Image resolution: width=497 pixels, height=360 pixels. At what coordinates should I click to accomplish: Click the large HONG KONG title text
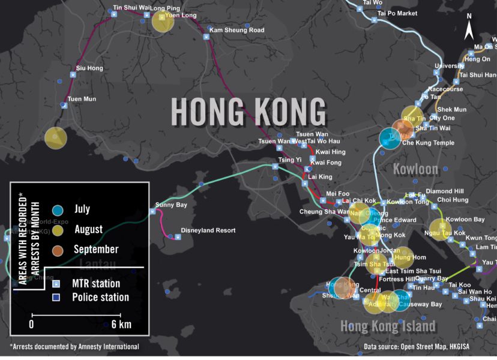point(248,112)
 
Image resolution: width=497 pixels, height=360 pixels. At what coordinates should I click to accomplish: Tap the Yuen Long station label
point(182,16)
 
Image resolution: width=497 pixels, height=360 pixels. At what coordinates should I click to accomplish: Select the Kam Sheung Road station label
point(236,30)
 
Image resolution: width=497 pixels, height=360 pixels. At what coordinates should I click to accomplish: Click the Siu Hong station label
point(89,68)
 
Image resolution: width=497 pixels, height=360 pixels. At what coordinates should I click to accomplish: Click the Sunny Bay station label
point(171,205)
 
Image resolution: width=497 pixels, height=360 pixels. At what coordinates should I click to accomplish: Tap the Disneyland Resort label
point(208,230)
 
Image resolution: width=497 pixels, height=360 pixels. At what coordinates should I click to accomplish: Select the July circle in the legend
point(58,210)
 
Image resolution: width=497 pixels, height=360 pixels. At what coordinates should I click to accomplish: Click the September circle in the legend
point(58,249)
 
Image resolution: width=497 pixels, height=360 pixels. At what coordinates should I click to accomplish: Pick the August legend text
point(88,229)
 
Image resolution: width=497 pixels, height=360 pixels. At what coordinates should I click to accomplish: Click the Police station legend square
point(56,298)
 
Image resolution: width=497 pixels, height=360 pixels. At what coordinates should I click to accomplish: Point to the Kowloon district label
point(415,169)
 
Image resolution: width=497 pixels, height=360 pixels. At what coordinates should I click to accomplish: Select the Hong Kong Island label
point(388,326)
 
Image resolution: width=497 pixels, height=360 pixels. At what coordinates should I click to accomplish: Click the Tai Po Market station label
point(397,13)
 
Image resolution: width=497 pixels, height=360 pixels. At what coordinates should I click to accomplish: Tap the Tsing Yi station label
point(290,160)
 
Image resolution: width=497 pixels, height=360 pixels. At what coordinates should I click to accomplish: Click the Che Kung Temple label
point(428,143)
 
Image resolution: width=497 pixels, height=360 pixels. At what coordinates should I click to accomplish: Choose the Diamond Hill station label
point(445,191)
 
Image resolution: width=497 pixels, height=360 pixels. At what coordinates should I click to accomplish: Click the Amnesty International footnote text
point(74,347)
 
